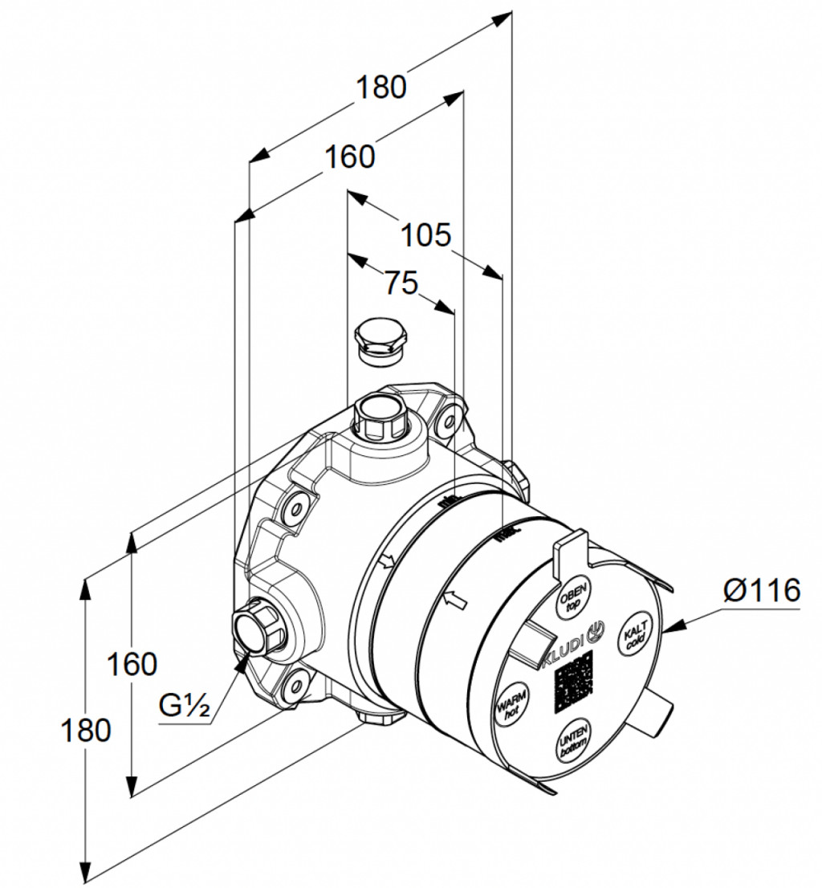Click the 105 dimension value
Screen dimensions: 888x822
(426, 235)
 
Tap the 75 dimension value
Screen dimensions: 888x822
(401, 282)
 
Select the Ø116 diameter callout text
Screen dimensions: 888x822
(761, 591)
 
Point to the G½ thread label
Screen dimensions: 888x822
(184, 707)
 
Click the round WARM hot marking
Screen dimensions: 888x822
(511, 703)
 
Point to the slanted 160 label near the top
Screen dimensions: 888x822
(349, 157)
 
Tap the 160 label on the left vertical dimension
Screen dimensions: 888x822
(132, 664)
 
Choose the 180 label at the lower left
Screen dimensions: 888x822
(86, 730)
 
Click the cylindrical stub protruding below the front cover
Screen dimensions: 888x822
(654, 715)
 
